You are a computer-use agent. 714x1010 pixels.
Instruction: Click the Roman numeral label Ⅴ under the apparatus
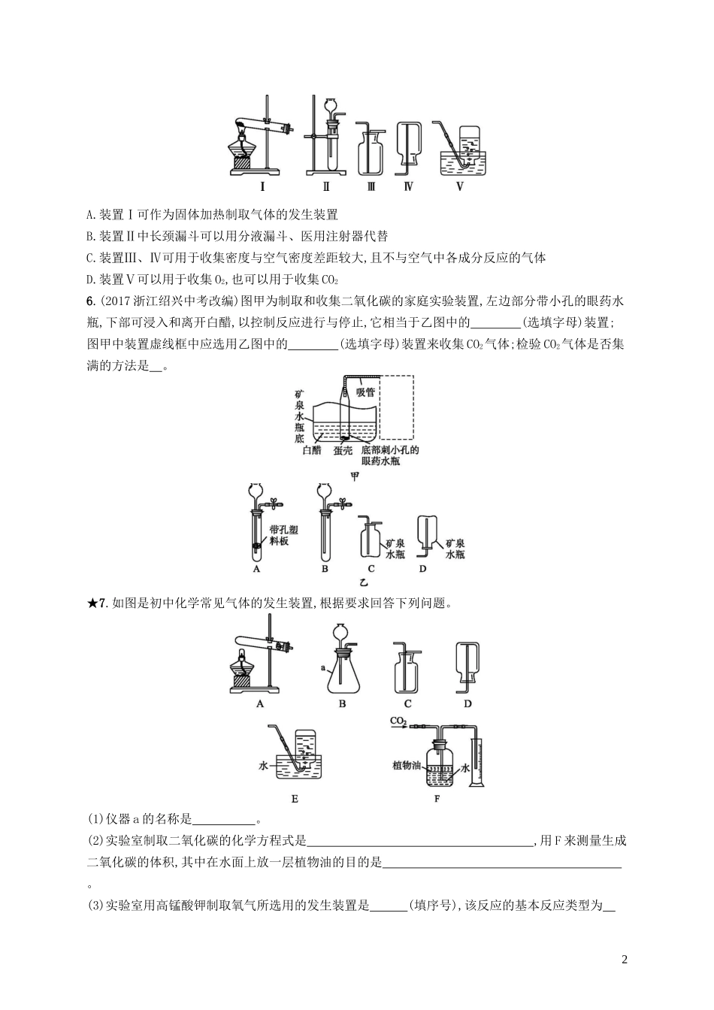[460, 187]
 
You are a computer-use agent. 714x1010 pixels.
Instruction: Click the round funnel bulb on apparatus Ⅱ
[330, 107]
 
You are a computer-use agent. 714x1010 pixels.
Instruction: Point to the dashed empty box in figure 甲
[397, 407]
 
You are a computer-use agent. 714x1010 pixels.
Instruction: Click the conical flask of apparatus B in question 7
[343, 673]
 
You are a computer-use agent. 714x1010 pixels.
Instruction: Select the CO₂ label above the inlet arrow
[398, 721]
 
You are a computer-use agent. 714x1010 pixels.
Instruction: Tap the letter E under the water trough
[295, 799]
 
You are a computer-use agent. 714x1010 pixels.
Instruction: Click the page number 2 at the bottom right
[625, 960]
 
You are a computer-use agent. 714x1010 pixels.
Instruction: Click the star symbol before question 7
[92, 602]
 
